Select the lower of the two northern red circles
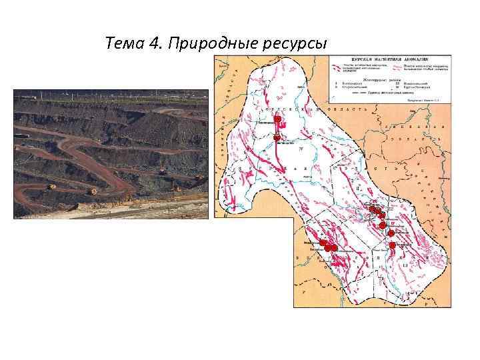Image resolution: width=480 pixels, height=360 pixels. tap(277, 138)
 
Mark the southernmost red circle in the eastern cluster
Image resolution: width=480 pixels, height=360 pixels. tap(393, 245)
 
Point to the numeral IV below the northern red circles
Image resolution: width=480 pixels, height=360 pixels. tap(301, 149)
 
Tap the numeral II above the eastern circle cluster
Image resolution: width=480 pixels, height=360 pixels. tap(359, 189)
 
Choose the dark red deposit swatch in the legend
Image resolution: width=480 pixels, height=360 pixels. tap(334, 65)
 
